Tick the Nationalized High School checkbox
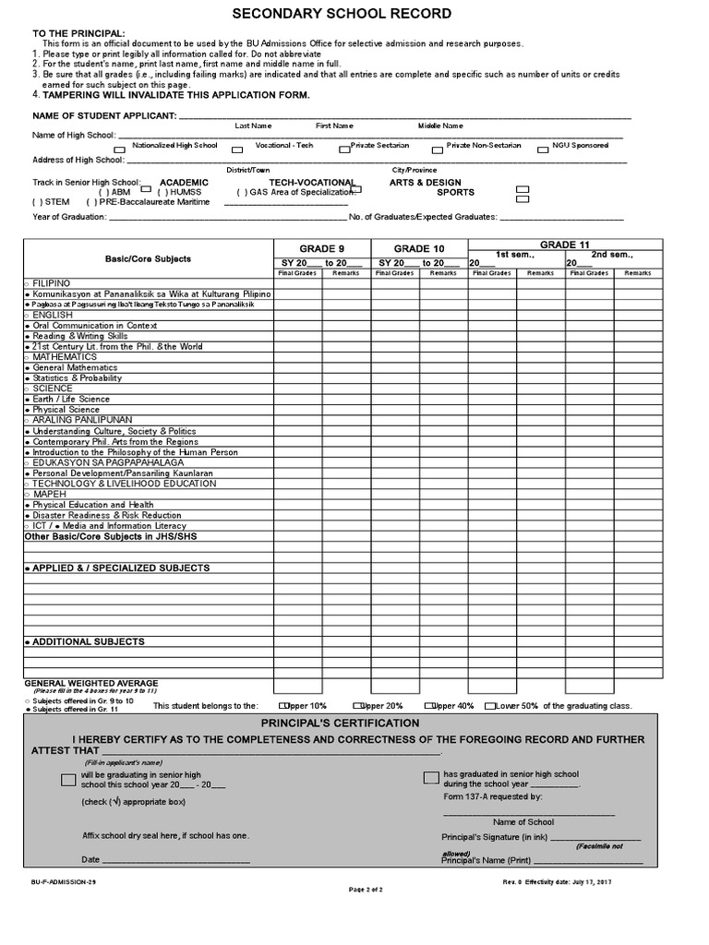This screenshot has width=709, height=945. [119, 149]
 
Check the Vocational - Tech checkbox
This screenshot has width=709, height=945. [237, 149]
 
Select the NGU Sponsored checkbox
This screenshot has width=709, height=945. [545, 148]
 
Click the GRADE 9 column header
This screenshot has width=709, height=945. [321, 248]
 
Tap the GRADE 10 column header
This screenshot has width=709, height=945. [419, 248]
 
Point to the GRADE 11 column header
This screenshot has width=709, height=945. [564, 244]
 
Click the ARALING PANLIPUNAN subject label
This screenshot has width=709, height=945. [71, 420]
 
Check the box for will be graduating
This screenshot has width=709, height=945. [68, 780]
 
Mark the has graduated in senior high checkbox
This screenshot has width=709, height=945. [431, 777]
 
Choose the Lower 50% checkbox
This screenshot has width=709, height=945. [489, 706]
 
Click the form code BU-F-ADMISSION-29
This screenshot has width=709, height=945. [63, 882]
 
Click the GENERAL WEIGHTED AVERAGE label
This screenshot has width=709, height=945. [84, 683]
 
